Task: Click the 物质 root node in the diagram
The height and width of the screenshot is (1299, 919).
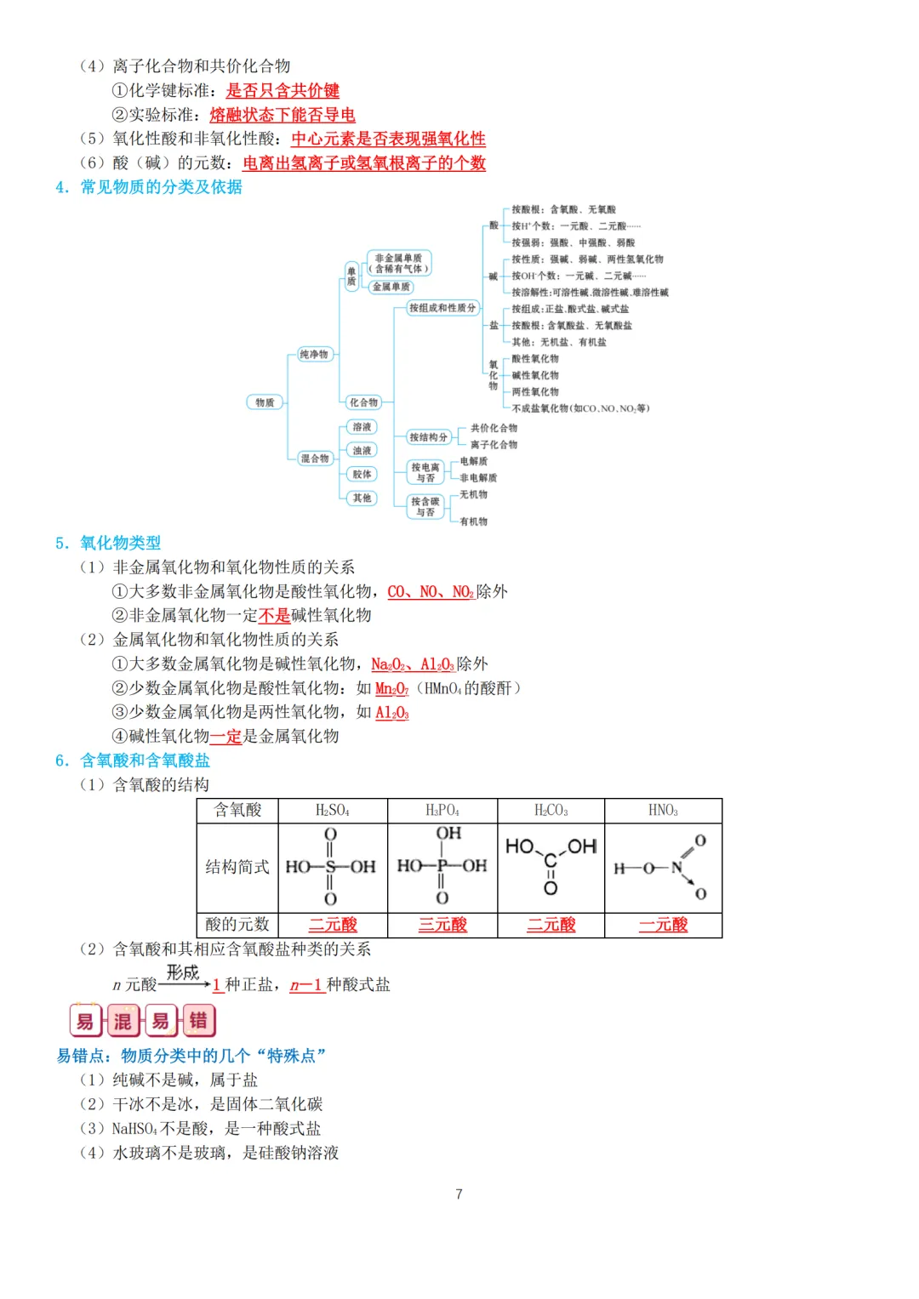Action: [265, 402]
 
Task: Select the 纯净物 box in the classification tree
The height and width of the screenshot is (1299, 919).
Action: [313, 354]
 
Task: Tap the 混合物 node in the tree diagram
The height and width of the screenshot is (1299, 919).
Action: [314, 459]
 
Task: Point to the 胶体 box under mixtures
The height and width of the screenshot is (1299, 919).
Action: [362, 474]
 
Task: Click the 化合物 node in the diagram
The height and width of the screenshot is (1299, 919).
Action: [363, 402]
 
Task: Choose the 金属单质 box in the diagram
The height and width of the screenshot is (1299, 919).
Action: [391, 287]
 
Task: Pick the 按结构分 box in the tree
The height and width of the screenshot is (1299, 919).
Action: [428, 437]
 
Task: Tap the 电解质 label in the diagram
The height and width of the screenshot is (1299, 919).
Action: [473, 461]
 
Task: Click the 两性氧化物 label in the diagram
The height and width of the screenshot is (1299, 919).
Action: [535, 392]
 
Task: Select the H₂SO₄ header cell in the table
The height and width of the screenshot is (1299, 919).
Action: [333, 811]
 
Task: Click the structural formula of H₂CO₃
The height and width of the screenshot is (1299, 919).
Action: [551, 866]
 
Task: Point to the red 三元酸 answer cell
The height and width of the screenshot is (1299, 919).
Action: [442, 925]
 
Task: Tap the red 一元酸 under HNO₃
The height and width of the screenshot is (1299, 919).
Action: [663, 925]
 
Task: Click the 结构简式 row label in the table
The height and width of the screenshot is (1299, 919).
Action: [237, 867]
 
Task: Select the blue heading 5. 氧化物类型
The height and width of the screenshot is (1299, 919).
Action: [108, 543]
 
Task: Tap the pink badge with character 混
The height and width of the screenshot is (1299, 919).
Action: [123, 1021]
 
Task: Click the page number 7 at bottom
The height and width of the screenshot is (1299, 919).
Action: [459, 1194]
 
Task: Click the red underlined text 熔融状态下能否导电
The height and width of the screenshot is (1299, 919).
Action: [283, 115]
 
